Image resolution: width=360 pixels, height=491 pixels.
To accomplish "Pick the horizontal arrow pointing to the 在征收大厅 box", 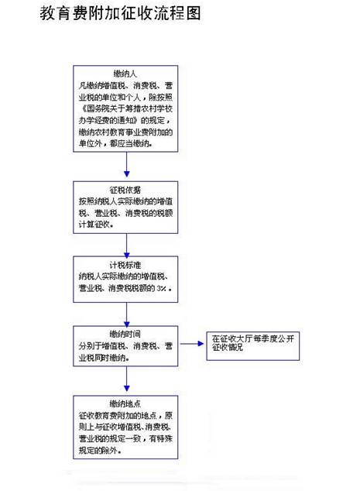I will [191, 342].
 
